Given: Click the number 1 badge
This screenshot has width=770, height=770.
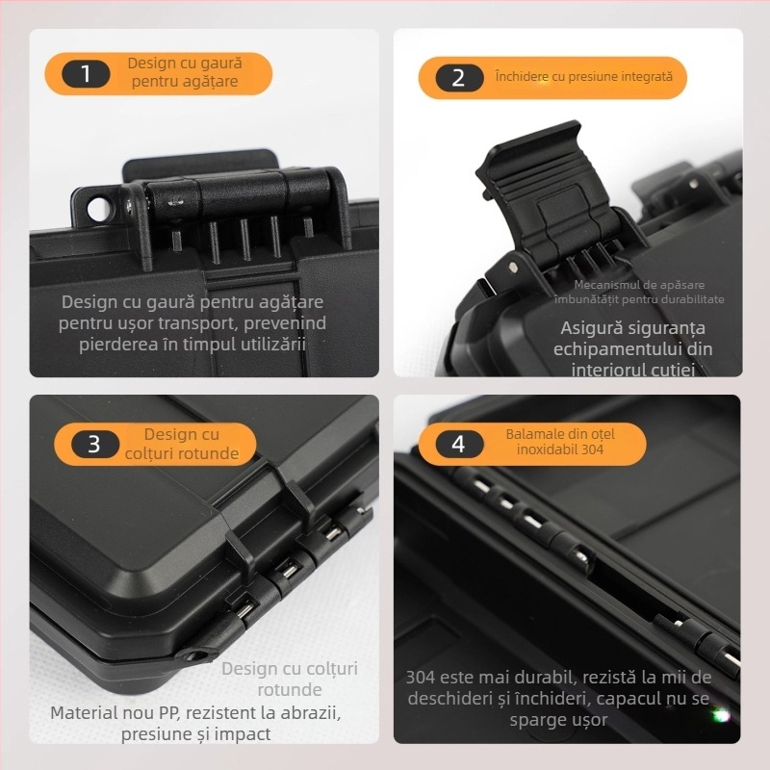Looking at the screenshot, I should [x=86, y=73].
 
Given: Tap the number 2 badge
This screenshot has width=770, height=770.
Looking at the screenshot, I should [x=458, y=77].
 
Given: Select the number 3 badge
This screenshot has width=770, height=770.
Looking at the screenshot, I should [x=93, y=444].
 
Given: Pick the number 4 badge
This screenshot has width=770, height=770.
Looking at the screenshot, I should [x=458, y=444].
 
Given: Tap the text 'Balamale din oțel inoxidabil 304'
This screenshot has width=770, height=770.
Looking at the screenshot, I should [x=559, y=442].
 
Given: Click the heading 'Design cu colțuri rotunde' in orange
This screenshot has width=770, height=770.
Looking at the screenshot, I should [x=182, y=444].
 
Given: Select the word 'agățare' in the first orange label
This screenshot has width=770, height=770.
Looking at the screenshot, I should [x=207, y=82].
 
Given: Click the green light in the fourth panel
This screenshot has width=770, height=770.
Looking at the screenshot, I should [x=719, y=715].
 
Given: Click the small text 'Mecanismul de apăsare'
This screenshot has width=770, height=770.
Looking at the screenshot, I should [x=639, y=284].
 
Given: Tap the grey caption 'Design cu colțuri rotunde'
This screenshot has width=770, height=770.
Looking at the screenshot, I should [x=289, y=679].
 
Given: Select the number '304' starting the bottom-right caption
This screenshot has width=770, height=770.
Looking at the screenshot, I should [x=421, y=677].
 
